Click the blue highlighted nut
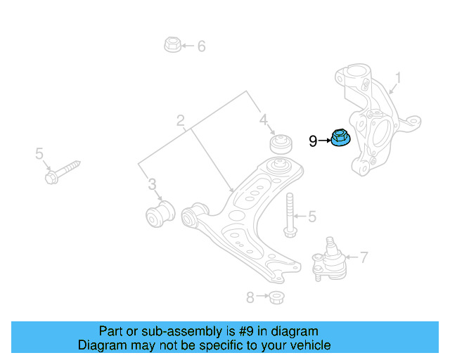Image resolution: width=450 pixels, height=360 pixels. (341, 139)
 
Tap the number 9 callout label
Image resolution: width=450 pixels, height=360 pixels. (313, 141)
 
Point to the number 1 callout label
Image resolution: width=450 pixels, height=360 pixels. (397, 77)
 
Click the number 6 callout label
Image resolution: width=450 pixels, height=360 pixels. (201, 47)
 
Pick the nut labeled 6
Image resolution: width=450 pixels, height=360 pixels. (171, 46)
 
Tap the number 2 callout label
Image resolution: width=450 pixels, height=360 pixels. (181, 120)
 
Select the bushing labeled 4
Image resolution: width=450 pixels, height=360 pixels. (281, 143)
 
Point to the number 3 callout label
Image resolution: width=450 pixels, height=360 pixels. (152, 185)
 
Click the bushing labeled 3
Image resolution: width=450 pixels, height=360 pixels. (159, 213)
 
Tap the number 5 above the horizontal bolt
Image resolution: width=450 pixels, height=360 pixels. (39, 154)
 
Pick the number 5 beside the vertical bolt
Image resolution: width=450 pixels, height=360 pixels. (312, 217)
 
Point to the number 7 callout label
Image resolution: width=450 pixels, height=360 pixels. (364, 258)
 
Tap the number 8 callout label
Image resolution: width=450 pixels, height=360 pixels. (250, 297)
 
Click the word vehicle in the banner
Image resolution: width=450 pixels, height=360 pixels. (307, 345)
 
